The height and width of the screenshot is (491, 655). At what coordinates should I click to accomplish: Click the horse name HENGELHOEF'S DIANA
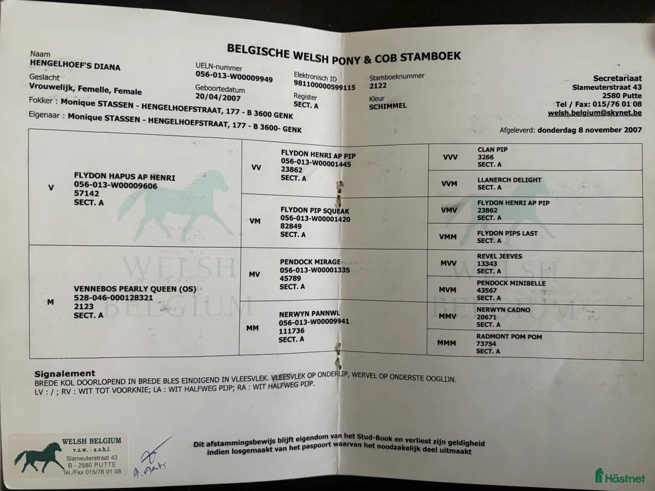pos(75,65)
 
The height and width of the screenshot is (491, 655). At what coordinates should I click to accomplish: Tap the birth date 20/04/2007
pos(218,98)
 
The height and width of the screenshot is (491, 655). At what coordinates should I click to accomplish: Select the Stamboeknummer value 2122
pos(377,86)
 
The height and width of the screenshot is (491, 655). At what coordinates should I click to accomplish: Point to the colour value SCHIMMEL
pos(388,106)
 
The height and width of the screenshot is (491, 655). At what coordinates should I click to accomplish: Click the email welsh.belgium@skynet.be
pos(594,113)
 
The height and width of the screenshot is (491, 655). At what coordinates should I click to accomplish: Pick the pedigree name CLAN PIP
pos(492,150)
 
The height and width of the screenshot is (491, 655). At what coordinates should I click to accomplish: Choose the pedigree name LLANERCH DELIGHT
pos(509,180)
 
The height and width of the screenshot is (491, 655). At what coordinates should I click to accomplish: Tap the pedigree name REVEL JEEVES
pos(499,256)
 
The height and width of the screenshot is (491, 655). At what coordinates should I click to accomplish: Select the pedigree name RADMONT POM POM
pos(509,336)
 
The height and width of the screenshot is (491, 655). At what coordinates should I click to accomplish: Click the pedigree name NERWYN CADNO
pos(503,310)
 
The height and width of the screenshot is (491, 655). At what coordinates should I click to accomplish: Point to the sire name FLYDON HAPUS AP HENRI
pos(124,177)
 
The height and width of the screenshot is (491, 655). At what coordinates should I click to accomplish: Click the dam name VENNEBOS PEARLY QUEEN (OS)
pos(135,289)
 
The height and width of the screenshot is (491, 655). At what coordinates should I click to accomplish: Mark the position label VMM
pos(448,236)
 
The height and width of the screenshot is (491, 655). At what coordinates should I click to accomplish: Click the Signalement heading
pos(64,373)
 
